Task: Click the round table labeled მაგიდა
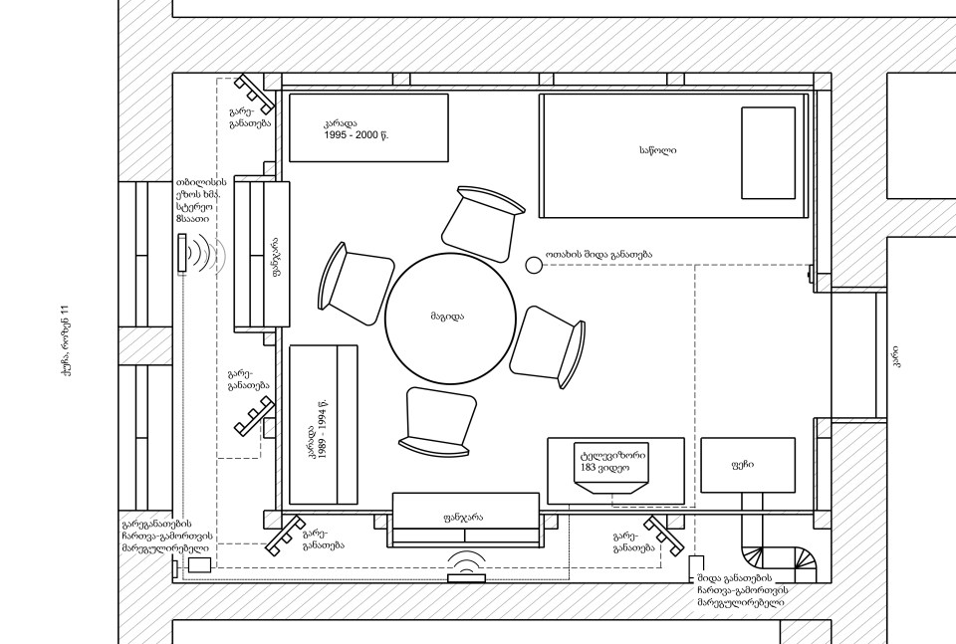(447, 318)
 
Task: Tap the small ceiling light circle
(534, 265)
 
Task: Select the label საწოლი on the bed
(658, 150)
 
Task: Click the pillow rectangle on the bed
(768, 153)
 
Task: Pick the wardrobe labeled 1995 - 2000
(368, 127)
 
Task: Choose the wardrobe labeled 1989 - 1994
(323, 425)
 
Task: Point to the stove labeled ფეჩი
(748, 465)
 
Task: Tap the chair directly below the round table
(438, 422)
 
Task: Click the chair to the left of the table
(355, 284)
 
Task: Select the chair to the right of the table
(548, 346)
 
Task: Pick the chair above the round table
(482, 223)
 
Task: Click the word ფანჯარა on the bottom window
(463, 518)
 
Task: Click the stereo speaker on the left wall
(181, 253)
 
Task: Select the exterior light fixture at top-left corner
(255, 94)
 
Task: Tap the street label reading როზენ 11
(67, 347)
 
